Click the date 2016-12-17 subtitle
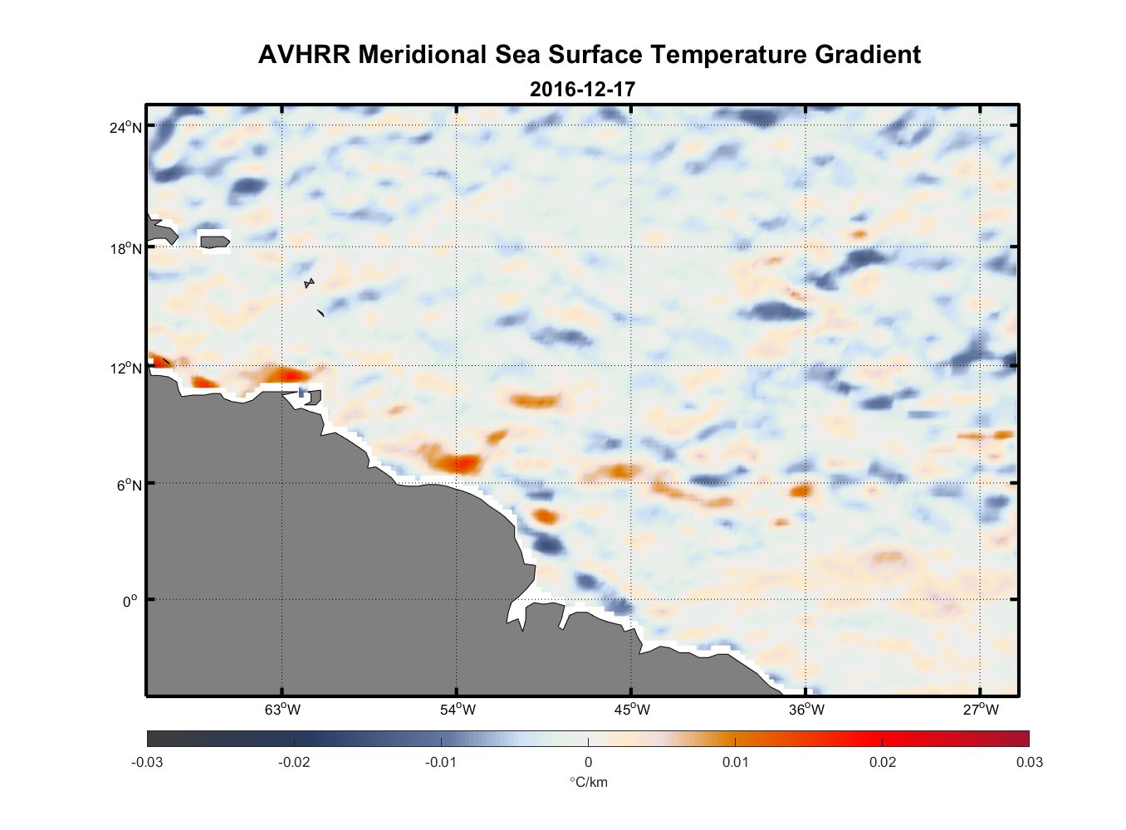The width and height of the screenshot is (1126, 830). (x=582, y=89)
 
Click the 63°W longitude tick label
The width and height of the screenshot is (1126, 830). (x=282, y=710)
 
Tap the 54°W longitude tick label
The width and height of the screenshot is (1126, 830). (x=458, y=710)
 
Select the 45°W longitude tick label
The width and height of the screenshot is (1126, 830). (x=632, y=710)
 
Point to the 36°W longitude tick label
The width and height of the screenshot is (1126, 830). (x=806, y=710)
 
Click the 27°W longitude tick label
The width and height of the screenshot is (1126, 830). (x=981, y=710)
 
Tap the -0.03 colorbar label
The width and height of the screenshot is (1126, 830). (x=147, y=762)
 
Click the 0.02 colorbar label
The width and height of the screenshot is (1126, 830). (x=883, y=762)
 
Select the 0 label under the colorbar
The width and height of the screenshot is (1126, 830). (x=588, y=762)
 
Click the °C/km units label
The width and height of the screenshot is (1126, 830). (x=588, y=782)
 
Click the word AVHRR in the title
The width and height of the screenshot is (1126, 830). (x=304, y=55)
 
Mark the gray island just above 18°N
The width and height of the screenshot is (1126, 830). (x=214, y=242)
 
